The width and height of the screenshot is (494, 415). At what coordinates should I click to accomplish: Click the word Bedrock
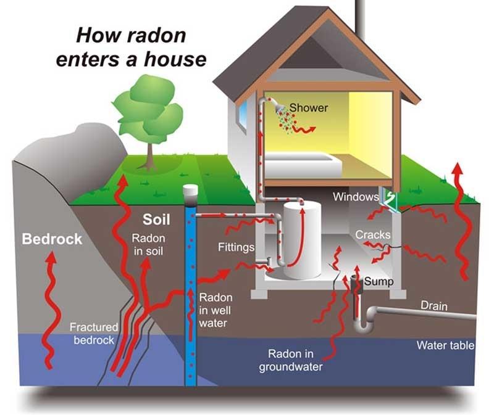[x=52, y=239]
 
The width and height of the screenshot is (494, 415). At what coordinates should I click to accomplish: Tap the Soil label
[x=156, y=220]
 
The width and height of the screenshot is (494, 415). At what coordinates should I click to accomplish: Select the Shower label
[x=309, y=108]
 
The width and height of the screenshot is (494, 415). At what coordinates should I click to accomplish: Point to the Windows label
[x=356, y=197]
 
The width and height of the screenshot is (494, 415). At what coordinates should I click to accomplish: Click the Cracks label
[x=373, y=235]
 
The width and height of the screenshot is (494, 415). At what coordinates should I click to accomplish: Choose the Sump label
[x=379, y=282]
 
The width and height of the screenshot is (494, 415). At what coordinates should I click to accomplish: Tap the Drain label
[x=434, y=306]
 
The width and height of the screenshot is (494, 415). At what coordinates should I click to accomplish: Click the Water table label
[x=445, y=345]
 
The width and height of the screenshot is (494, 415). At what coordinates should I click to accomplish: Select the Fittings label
[x=237, y=247]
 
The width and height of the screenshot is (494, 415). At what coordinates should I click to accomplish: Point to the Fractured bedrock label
[x=94, y=334]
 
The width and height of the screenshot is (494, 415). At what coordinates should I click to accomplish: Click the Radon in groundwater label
[x=291, y=360]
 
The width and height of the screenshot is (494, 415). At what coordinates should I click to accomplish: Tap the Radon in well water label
[x=216, y=310]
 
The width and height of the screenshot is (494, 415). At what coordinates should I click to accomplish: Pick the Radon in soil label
[x=148, y=244]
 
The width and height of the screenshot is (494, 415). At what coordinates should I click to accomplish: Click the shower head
[x=279, y=108]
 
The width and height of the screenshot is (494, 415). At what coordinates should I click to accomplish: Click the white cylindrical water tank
[x=302, y=240]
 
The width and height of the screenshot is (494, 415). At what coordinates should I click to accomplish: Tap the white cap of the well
[x=190, y=190]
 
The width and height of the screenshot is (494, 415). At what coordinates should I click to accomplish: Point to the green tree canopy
[x=148, y=109]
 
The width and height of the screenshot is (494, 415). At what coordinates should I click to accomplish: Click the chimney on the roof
[x=361, y=17]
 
